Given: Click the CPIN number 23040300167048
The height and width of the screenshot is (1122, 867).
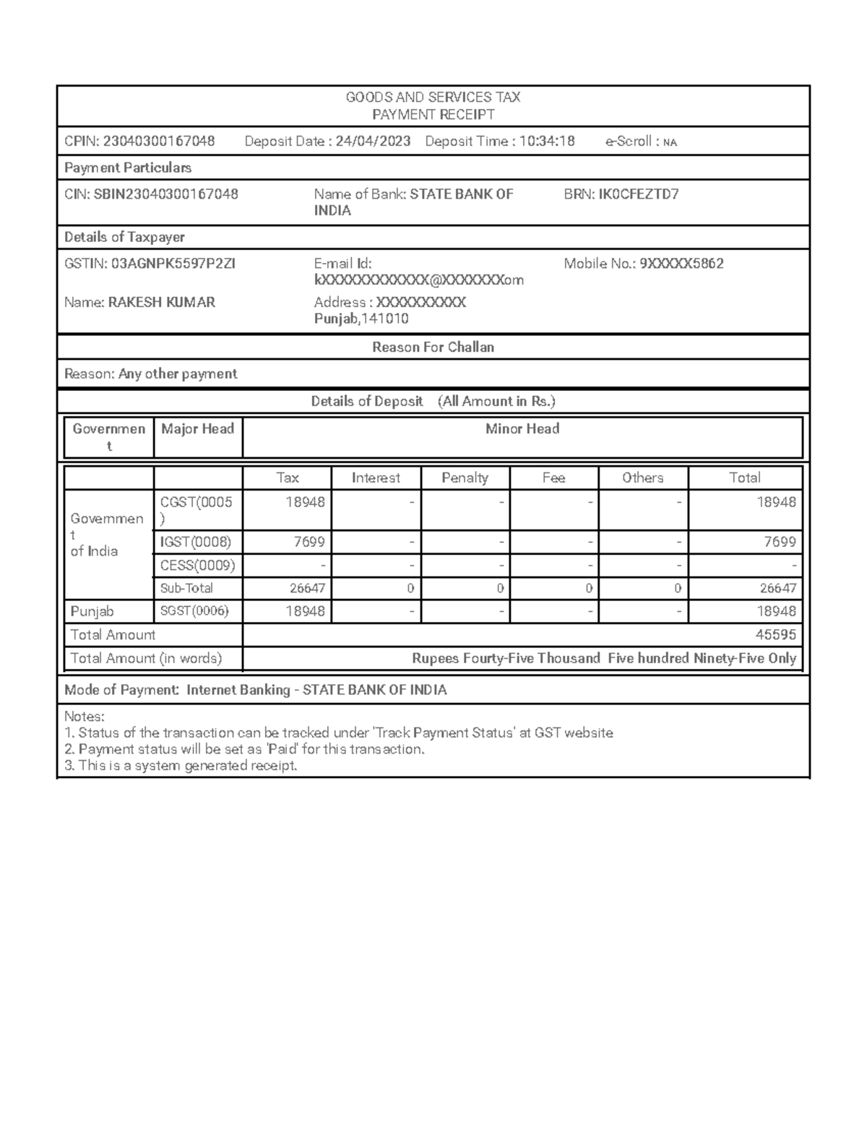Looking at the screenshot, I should tap(158, 142).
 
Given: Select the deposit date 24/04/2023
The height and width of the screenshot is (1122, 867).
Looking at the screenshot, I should tap(373, 142).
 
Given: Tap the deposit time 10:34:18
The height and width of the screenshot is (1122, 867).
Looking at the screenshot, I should tap(547, 142).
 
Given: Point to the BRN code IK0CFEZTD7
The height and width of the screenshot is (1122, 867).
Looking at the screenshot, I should tap(639, 194).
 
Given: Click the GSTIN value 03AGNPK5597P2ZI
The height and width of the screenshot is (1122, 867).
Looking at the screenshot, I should tap(173, 264).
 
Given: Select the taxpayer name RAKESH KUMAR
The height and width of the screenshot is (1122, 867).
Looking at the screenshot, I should tap(161, 303).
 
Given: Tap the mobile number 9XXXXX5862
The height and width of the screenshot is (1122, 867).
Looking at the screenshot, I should tap(681, 264).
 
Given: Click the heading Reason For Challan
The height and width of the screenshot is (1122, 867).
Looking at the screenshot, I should tap(433, 348).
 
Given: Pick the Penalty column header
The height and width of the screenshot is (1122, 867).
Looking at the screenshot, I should tap(465, 478).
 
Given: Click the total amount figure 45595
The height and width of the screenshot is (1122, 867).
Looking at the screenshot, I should tap(775, 635).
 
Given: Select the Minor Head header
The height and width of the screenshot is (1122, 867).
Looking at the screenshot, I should tap(522, 429).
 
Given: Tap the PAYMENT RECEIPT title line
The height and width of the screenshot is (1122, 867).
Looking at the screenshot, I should tap(433, 115).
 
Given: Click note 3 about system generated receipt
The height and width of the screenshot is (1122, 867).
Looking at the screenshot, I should tap(181, 766).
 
